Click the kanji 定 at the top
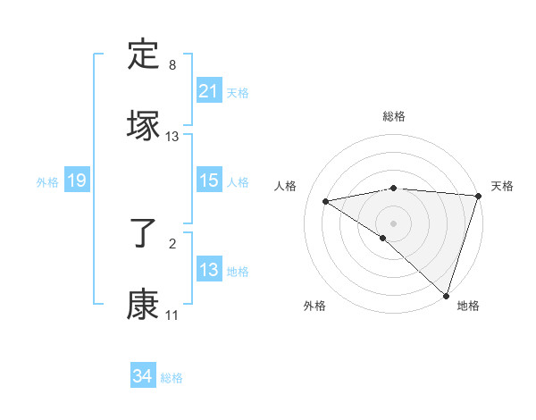pyautogui.click(x=144, y=56)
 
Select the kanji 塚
pyautogui.click(x=144, y=125)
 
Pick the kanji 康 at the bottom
pyautogui.click(x=144, y=305)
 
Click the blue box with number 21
pyautogui.click(x=208, y=91)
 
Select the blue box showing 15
pyautogui.click(x=208, y=181)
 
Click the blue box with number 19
pyautogui.click(x=76, y=181)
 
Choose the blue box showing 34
pyautogui.click(x=142, y=377)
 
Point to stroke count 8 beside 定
pyautogui.click(x=172, y=66)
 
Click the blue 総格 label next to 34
pyautogui.click(x=172, y=378)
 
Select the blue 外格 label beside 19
pyautogui.click(x=47, y=182)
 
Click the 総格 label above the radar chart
pyautogui.click(x=393, y=116)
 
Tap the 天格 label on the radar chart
pyautogui.click(x=502, y=186)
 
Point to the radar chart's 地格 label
pyautogui.click(x=468, y=306)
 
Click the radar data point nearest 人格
pyautogui.click(x=326, y=201)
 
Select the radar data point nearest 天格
pyautogui.click(x=479, y=196)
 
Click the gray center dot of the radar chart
pyautogui.click(x=393, y=223)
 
